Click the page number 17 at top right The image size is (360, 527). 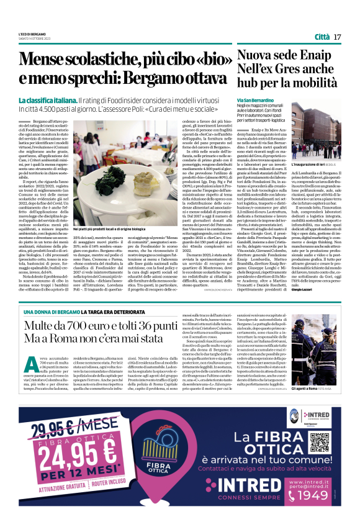337,37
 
